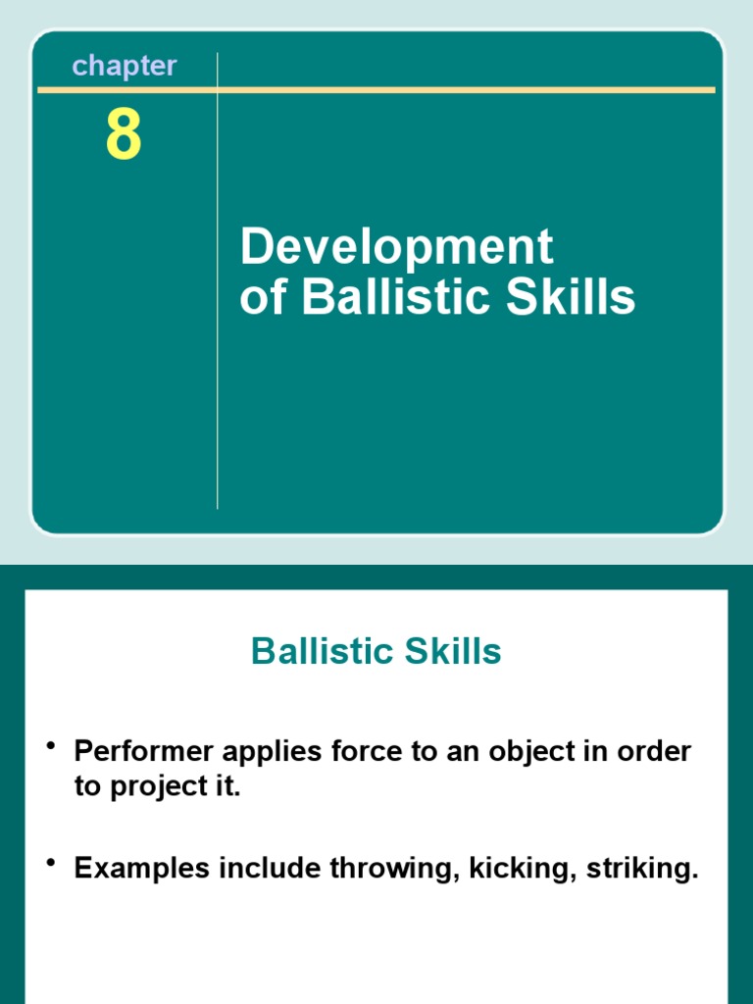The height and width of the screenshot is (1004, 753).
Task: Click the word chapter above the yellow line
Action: [125, 67]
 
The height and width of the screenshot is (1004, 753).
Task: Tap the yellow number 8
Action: [124, 136]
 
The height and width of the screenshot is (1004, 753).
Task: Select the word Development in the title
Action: [396, 247]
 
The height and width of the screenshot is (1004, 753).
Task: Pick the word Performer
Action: [142, 753]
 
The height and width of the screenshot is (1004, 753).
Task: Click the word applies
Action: [271, 753]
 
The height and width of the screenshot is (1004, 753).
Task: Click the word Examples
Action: [141, 869]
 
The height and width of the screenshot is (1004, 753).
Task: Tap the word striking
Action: [642, 869]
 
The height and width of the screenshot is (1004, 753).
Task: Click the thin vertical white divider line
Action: [217, 392]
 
